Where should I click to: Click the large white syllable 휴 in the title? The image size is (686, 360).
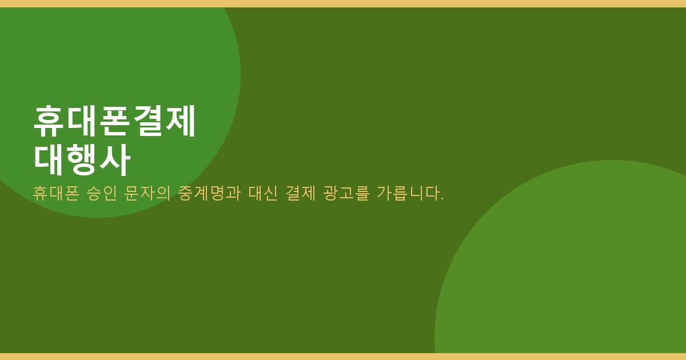tap(49, 121)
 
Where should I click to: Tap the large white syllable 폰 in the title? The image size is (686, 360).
tap(113, 121)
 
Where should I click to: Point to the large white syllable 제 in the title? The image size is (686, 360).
tap(181, 121)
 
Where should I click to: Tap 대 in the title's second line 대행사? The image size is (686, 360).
tap(49, 159)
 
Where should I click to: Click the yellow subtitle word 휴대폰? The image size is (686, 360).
tap(56, 194)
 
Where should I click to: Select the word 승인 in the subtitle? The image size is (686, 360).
tap(102, 194)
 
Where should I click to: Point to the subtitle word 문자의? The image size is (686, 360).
tap(147, 194)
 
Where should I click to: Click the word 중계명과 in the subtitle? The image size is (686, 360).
tap(209, 194)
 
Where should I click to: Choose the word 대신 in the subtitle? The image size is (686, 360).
tap(263, 194)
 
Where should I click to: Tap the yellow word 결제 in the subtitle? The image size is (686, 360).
tap(300, 194)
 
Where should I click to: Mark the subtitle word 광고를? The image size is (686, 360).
tap(346, 194)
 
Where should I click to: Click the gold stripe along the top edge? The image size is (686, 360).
tap(343, 3)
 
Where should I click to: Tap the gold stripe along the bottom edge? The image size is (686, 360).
tap(343, 357)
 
